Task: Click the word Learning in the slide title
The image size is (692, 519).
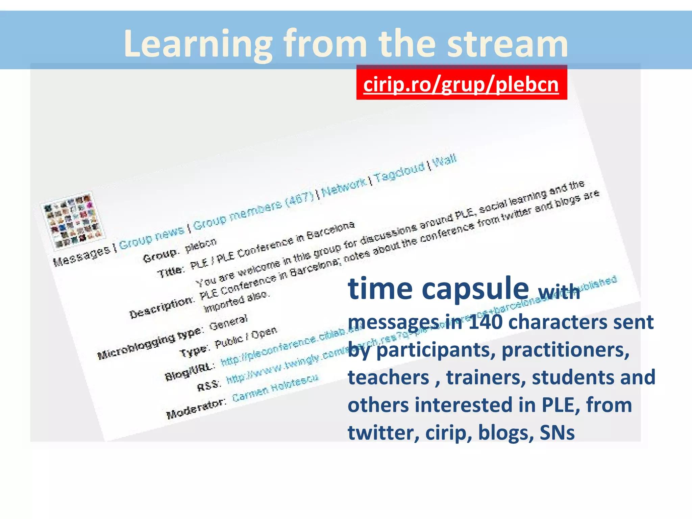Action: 198,44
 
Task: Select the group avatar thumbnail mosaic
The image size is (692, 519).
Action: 72,221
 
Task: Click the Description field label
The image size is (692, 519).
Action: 162,308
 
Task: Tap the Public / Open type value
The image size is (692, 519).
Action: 246,338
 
